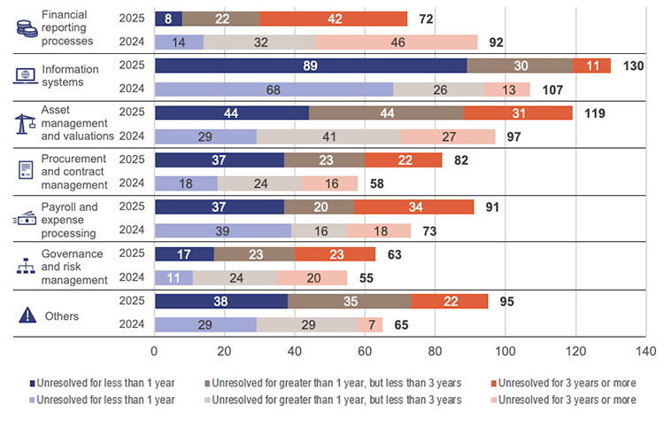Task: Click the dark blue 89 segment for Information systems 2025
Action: pos(310,66)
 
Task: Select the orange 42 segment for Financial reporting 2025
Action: pos(333,19)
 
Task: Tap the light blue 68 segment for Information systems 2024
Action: pos(273,89)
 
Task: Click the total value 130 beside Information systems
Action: pos(634,66)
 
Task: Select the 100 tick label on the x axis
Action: pos(505,352)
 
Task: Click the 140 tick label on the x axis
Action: pos(645,352)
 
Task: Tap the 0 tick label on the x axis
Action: pos(154,352)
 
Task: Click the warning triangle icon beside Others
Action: pos(27,315)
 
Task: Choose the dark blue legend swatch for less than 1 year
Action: pos(34,384)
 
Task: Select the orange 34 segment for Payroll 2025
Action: pos(413,206)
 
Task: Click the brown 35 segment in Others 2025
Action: pos(349,301)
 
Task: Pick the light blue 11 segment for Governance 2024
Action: pos(174,277)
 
